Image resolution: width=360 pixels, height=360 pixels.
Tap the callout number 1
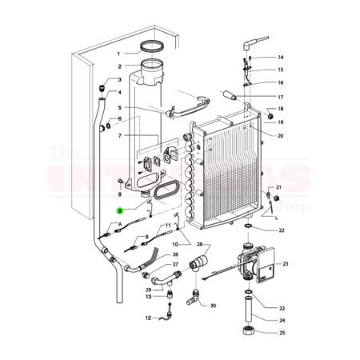coord(118,53)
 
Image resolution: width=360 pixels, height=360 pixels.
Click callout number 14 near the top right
coord(280,58)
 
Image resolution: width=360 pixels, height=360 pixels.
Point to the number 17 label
coord(280,97)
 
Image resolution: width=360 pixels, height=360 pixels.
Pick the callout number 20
coord(280,135)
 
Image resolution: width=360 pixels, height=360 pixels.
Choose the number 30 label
coord(213,306)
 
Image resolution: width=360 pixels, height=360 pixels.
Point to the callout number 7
coord(118,136)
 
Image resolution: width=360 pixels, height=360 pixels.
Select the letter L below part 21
coord(275,217)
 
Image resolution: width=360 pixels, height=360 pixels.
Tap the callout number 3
coord(118,80)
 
